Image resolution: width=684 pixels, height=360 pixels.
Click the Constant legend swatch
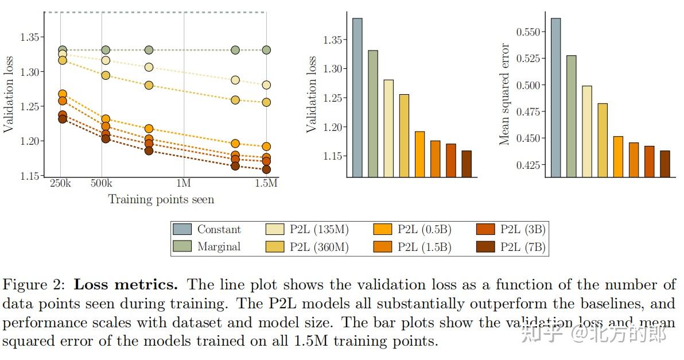pyautogui.click(x=182, y=229)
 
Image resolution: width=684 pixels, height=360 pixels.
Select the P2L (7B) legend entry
pyautogui.click(x=523, y=247)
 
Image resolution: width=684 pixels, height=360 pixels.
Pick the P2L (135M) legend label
pyautogui.click(x=320, y=230)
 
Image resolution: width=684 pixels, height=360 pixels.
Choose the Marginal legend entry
pyautogui.click(x=219, y=247)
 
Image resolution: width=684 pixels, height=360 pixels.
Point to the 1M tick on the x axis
pyautogui.click(x=184, y=183)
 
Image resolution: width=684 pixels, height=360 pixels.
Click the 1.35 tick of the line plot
pyautogui.click(x=30, y=37)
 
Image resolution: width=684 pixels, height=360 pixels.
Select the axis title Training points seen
pyautogui.click(x=161, y=200)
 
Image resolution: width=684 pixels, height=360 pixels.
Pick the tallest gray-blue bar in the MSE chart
pyautogui.click(x=555, y=98)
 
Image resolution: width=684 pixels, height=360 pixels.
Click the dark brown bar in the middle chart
pyautogui.click(x=466, y=164)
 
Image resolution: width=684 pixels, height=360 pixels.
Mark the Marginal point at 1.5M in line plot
pyautogui.click(x=266, y=50)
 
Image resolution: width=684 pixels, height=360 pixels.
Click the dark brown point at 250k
pyautogui.click(x=63, y=119)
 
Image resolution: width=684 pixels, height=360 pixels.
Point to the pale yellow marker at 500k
pyautogui.click(x=106, y=60)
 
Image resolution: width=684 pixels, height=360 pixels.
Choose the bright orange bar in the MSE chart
pyautogui.click(x=618, y=157)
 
